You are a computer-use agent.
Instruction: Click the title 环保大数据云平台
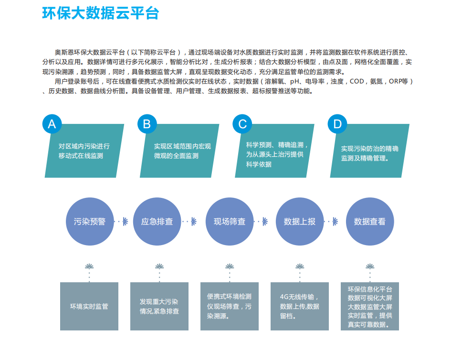[100, 13]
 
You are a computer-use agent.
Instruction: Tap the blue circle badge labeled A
[52, 124]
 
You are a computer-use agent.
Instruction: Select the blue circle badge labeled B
[147, 124]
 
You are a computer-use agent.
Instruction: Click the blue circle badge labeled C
[242, 124]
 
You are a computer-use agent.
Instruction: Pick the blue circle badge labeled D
[337, 124]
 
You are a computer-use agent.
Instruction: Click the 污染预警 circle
[90, 222]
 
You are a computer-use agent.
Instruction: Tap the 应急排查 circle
[157, 222]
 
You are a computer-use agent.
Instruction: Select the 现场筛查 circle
[230, 222]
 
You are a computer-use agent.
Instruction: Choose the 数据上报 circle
[300, 222]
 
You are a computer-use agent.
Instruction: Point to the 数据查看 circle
[370, 222]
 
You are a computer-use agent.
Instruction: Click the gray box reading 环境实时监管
[89, 306]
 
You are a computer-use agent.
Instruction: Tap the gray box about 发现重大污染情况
[159, 306]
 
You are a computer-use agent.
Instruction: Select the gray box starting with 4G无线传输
[300, 306]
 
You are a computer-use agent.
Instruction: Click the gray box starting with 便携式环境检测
[230, 306]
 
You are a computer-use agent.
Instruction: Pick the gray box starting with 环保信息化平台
[370, 306]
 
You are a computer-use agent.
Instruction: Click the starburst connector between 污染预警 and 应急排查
[125, 222]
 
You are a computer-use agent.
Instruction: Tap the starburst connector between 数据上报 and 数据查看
[335, 222]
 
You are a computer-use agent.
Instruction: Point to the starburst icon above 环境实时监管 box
[89, 267]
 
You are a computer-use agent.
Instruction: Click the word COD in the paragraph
[357, 82]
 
